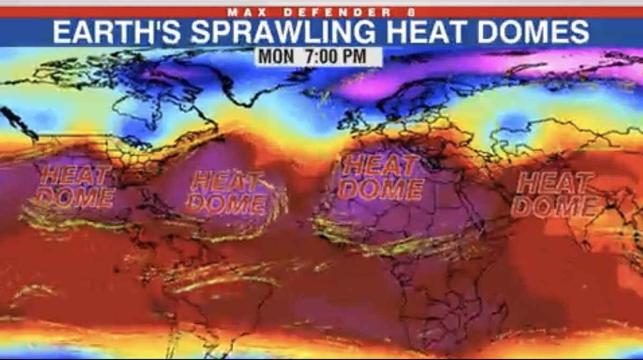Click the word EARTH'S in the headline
pyautogui.click(x=117, y=33)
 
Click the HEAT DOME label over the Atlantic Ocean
pyautogui.click(x=228, y=193)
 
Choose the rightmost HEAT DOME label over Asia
pyautogui.click(x=554, y=194)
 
